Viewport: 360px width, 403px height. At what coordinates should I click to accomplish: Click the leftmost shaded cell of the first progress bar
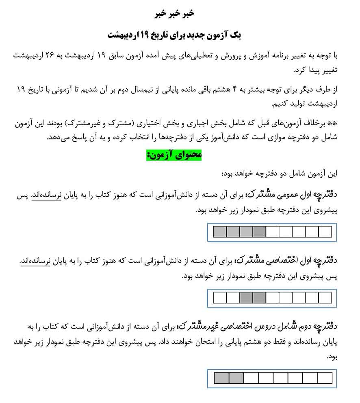220,232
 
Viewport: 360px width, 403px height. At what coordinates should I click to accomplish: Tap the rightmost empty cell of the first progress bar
325,232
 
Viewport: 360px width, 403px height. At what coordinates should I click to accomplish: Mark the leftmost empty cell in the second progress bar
220,298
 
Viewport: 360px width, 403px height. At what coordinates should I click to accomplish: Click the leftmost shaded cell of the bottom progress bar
222,378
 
